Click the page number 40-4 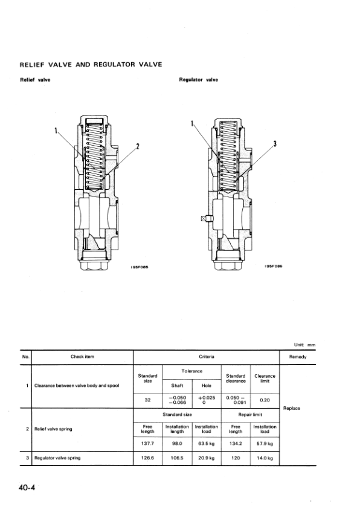point(27,487)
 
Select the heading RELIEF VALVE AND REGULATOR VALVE point(91,64)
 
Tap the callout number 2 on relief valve point(138,146)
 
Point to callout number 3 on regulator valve point(275,144)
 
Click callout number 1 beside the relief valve point(56,131)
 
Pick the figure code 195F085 point(140,267)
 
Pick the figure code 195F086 point(274,266)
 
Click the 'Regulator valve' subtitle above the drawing point(199,80)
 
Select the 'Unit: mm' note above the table point(304,345)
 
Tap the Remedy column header point(298,357)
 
